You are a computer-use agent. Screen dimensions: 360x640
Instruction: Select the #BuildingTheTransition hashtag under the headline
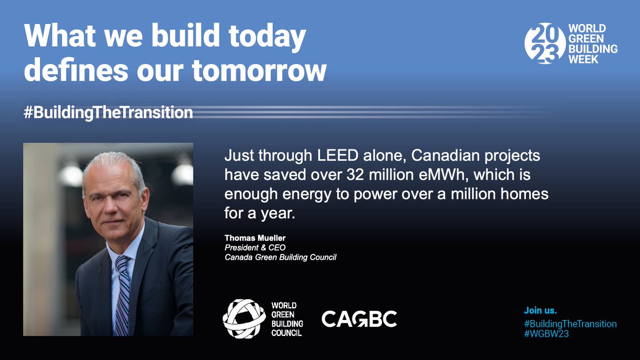click(x=108, y=113)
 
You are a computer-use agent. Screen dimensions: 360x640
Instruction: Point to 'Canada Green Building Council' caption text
click(x=281, y=258)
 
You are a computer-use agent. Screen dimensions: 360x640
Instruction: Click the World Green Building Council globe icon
click(x=244, y=318)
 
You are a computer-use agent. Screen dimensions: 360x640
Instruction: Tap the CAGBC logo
click(x=359, y=319)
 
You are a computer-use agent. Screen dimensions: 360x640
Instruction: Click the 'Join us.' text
click(x=540, y=310)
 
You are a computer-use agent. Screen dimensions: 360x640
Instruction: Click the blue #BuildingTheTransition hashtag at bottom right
click(x=570, y=323)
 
